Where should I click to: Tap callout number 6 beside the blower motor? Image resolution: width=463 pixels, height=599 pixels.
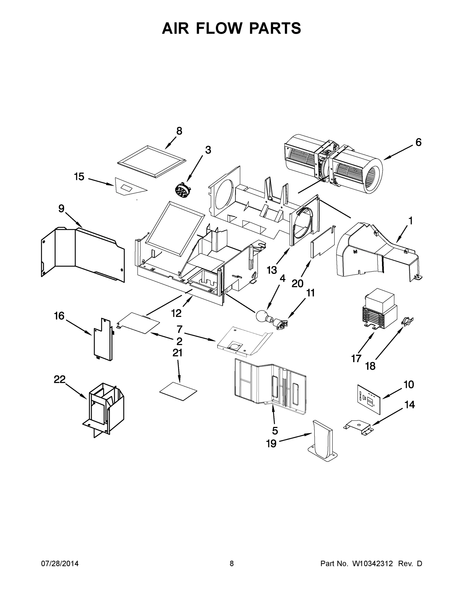click(x=418, y=142)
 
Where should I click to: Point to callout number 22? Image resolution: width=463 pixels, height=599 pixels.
click(x=59, y=380)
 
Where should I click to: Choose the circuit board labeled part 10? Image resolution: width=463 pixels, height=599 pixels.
click(x=369, y=401)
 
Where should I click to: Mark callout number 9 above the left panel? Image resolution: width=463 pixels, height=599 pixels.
click(x=61, y=209)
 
